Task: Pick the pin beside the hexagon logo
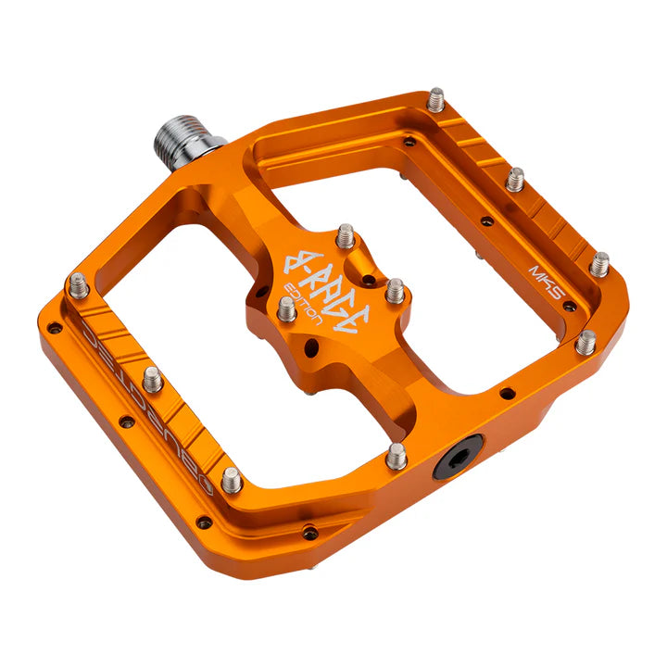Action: (x=232, y=480)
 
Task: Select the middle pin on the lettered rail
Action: (x=153, y=378)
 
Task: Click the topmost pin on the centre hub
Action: (x=346, y=235)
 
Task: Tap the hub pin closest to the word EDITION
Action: (x=288, y=308)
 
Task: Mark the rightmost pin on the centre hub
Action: (x=396, y=290)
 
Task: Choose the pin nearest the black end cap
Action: (x=396, y=455)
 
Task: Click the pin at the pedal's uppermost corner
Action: (x=435, y=99)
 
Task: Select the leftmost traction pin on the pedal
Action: (x=79, y=285)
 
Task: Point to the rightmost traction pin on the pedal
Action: (x=600, y=264)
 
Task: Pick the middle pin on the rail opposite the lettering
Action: (x=515, y=179)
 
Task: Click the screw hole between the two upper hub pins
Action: (x=370, y=278)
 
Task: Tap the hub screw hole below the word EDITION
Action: (x=311, y=347)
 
